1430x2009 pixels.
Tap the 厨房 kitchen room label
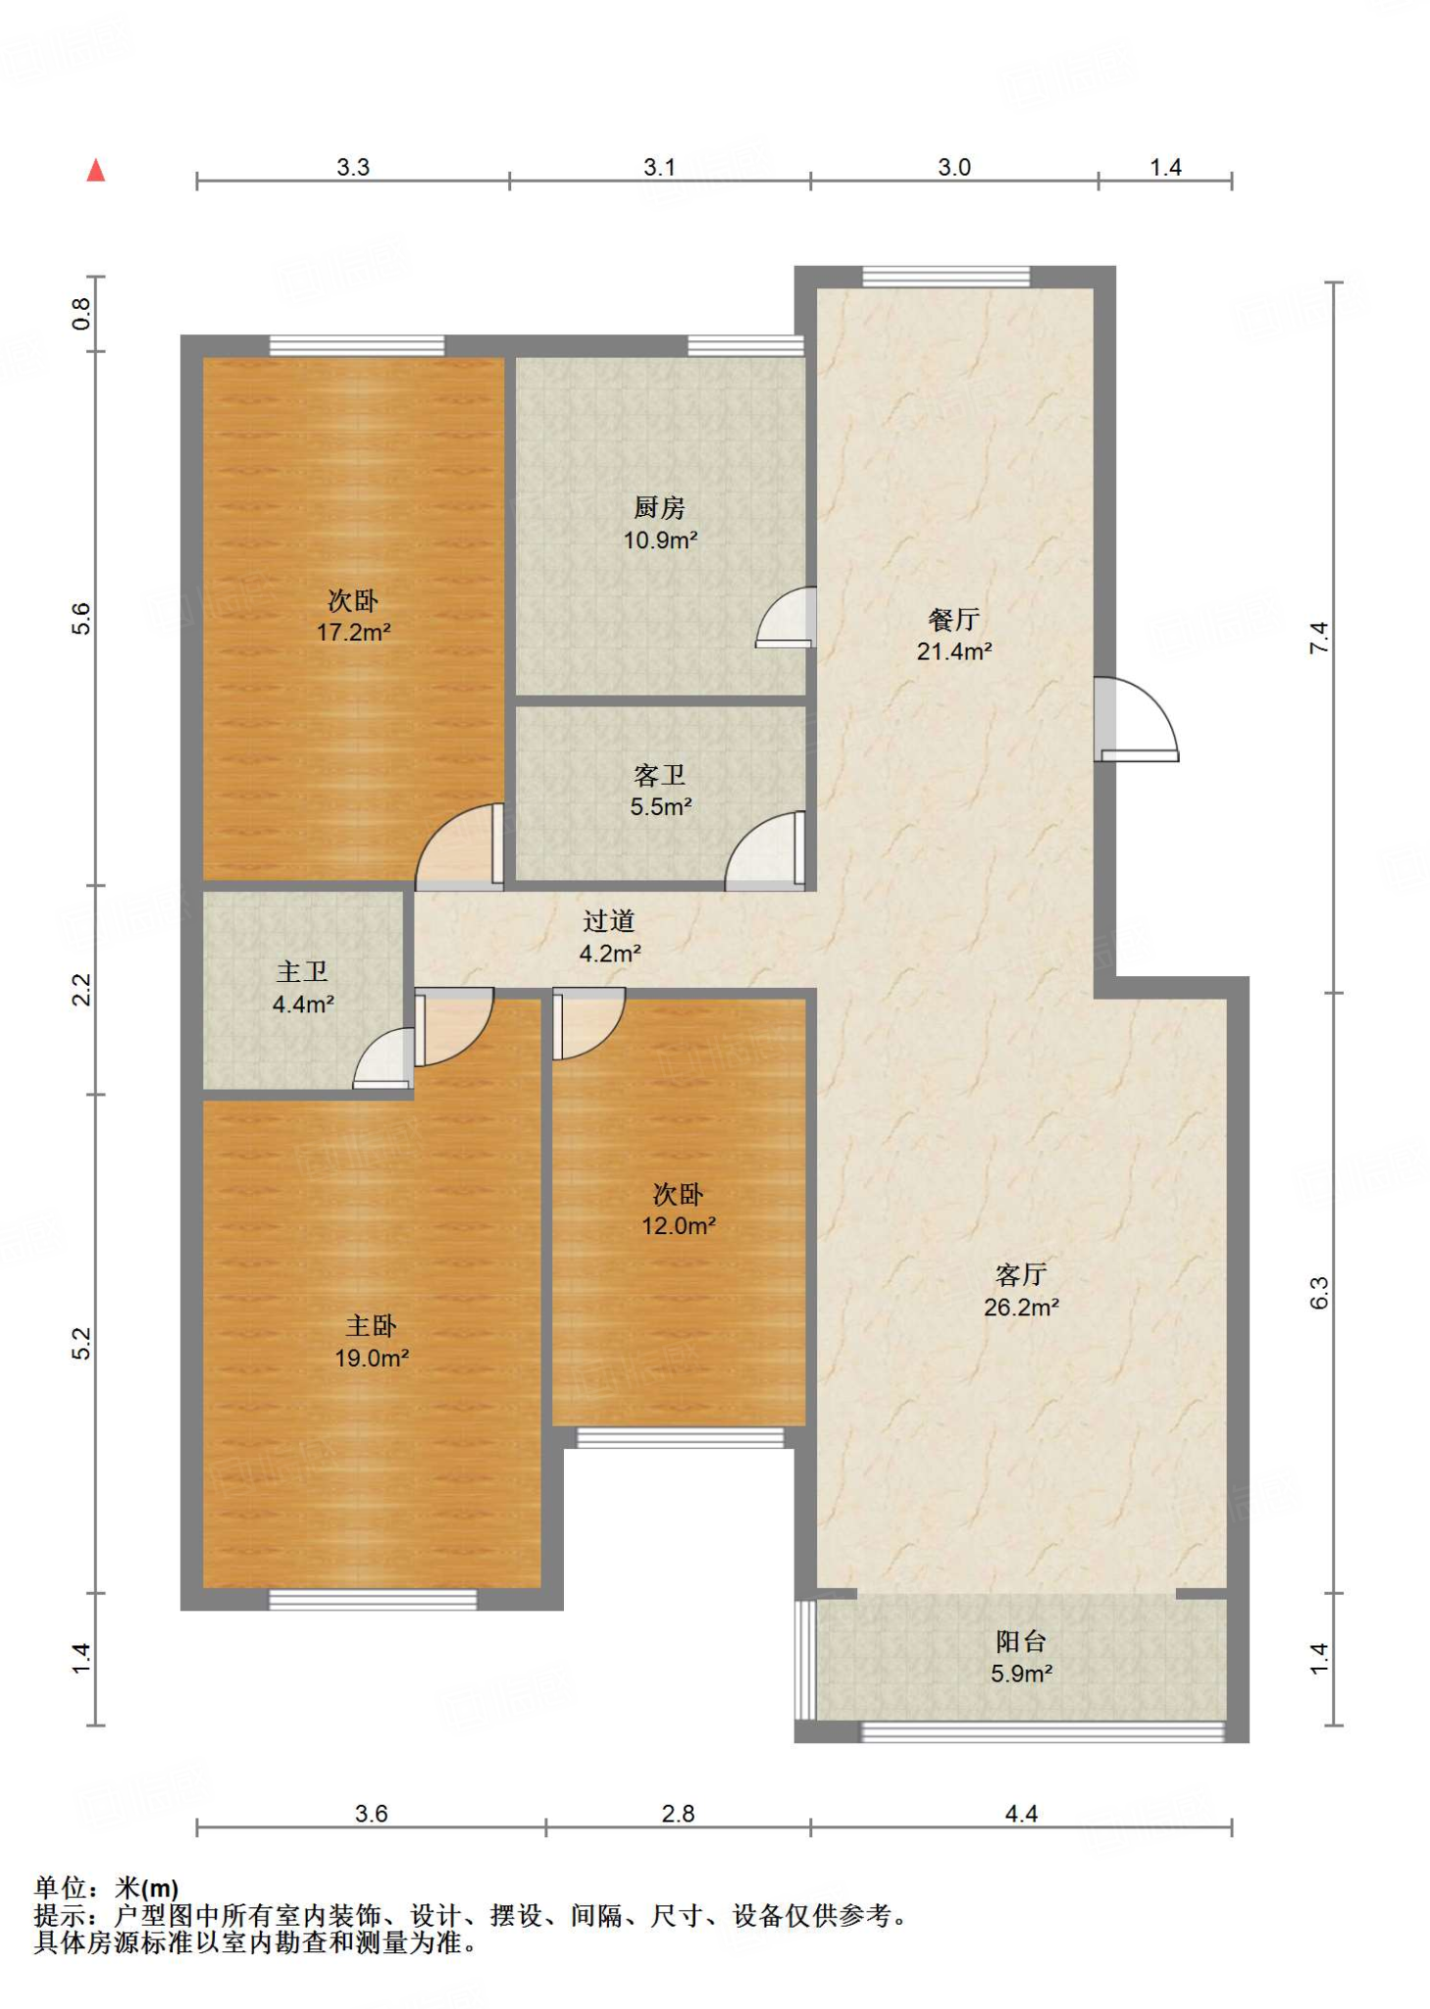(x=659, y=507)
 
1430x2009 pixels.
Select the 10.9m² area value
(x=660, y=540)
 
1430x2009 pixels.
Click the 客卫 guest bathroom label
(x=659, y=775)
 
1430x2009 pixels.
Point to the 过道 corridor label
(x=609, y=920)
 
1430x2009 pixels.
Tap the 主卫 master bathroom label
(x=302, y=971)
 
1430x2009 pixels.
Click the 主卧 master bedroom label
(x=371, y=1325)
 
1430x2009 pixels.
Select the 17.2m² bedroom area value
(x=353, y=632)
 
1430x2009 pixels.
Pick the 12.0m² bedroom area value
(x=679, y=1225)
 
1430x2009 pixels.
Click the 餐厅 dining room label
(x=953, y=619)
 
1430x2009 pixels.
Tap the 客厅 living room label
(x=1021, y=1274)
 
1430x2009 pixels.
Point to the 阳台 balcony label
(x=1021, y=1641)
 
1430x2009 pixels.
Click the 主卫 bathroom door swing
(x=383, y=1058)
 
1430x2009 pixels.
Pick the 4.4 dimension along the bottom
(x=1021, y=1813)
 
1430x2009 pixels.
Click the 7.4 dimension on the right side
(x=1319, y=638)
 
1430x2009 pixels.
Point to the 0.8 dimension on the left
(x=80, y=314)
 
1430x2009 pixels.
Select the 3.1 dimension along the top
(x=659, y=167)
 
